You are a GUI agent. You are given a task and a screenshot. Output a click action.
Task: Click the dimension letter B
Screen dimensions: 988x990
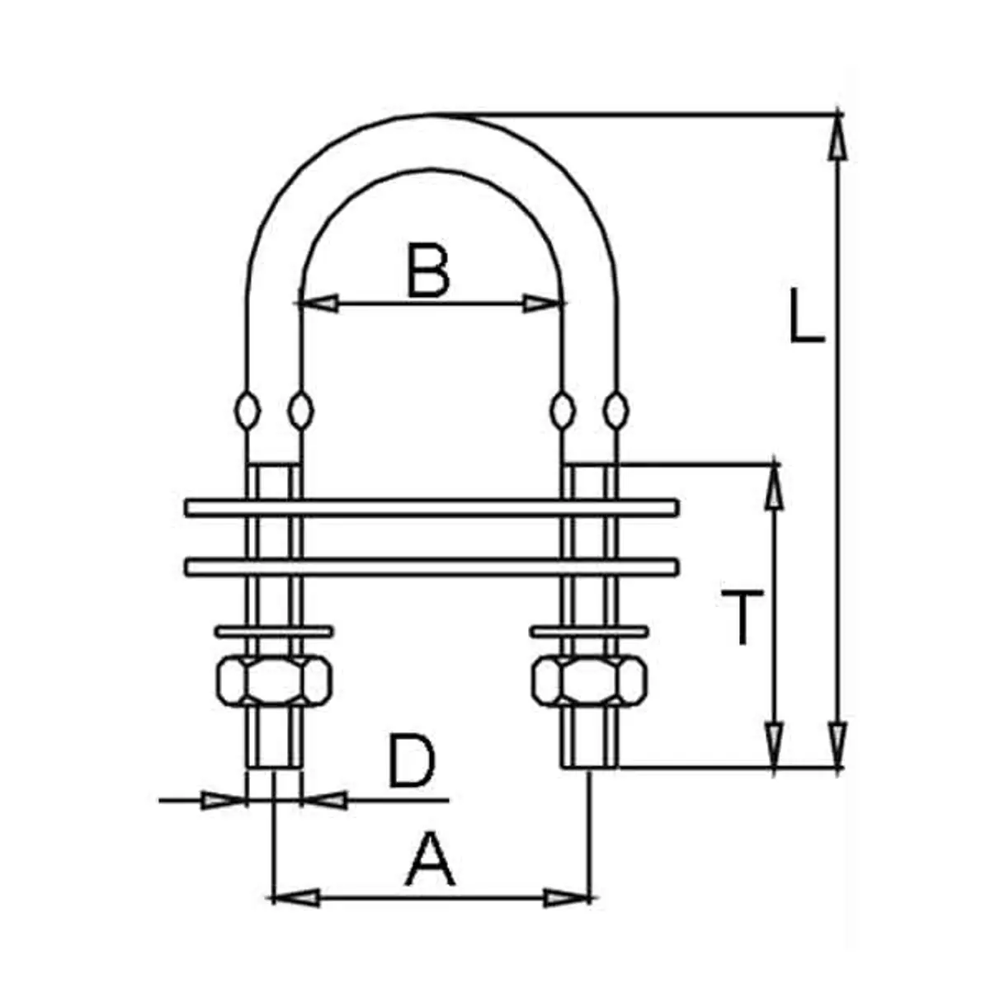tap(429, 270)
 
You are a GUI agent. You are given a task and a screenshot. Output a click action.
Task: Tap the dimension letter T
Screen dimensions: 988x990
tap(742, 617)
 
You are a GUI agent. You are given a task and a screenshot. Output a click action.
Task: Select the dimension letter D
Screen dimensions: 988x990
tap(410, 762)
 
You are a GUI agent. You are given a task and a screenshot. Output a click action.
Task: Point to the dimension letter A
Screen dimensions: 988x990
tap(430, 860)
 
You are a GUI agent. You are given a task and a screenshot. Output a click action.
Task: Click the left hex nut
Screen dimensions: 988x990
tap(274, 681)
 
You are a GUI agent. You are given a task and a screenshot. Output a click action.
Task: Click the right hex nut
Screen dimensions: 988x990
tap(589, 681)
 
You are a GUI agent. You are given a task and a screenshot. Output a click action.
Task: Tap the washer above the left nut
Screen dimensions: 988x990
tap(274, 632)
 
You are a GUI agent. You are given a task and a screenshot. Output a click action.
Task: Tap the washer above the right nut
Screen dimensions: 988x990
tap(589, 632)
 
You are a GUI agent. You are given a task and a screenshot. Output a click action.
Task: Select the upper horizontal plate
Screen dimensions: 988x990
tap(431, 507)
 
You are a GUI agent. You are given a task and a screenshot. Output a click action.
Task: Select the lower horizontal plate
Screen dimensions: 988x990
tap(431, 567)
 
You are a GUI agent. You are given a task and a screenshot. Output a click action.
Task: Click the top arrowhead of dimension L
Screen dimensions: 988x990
tap(838, 135)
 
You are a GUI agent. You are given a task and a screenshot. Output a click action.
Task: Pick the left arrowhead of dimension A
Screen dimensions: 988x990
tap(295, 896)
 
